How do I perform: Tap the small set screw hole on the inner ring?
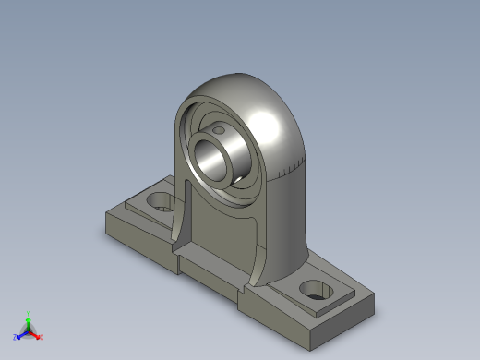tap(220, 131)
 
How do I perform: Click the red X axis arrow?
tap(35, 334)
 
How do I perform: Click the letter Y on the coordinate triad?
tap(28, 312)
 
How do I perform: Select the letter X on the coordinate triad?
tap(41, 337)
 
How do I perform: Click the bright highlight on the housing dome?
tap(268, 120)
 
